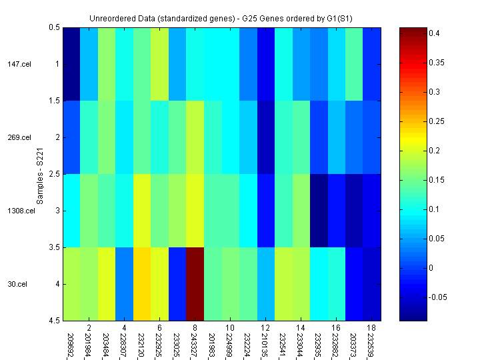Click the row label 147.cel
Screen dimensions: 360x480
click(19, 64)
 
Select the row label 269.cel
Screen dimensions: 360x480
click(19, 137)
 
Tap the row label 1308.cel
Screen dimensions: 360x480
click(18, 211)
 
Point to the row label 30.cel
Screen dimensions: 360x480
click(18, 284)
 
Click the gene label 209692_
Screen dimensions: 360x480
click(71, 342)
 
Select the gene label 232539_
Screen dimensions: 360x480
click(372, 342)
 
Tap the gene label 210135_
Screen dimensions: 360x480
click(265, 342)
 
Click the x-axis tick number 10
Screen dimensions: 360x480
click(230, 329)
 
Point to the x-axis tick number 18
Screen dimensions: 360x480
click(372, 329)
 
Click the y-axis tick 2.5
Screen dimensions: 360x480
click(53, 174)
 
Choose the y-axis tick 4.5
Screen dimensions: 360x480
click(53, 321)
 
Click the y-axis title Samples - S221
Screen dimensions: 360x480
click(39, 174)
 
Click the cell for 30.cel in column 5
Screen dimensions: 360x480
click(141, 284)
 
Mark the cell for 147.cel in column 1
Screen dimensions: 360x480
click(71, 64)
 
